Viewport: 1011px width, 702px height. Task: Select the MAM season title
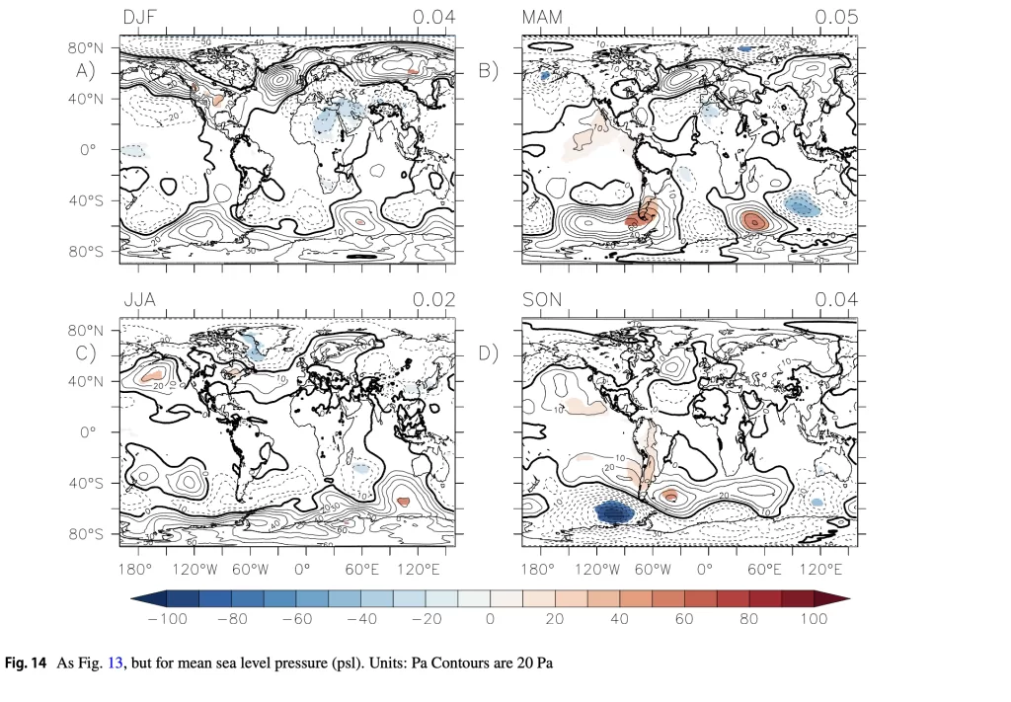541,17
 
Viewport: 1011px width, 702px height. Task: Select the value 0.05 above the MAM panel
836,17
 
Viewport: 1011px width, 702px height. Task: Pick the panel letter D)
488,352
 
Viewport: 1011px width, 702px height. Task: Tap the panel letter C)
86,352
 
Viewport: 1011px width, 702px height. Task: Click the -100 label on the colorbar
167,619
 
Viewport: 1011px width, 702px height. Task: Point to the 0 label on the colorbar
490,619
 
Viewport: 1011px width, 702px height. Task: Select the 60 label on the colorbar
684,619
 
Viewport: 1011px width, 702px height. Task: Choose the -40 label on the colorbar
360,619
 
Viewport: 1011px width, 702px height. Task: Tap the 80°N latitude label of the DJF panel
86,47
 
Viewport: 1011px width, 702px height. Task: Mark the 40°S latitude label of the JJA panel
86,484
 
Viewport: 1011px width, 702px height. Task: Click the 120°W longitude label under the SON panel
596,571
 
